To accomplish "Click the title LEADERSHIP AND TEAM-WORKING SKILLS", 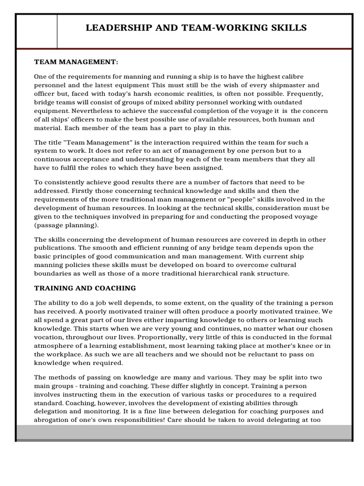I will click(196, 28).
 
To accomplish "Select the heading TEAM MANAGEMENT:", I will click(76, 62).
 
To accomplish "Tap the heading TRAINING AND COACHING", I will click(85, 288).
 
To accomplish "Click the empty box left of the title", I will click(36, 31).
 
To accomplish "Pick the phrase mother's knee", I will click(288, 346).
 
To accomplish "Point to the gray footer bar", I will click(184, 432).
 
